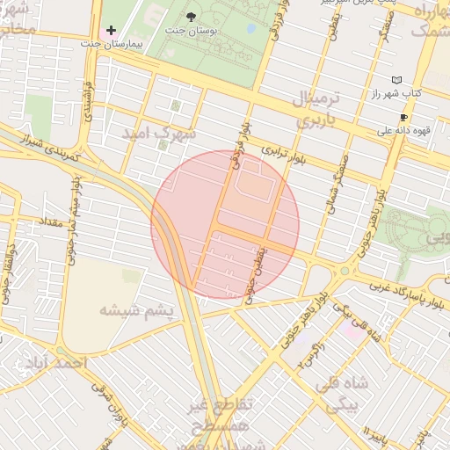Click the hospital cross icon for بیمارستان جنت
coord(111,31)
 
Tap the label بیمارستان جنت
coord(111,43)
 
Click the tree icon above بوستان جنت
coord(192,17)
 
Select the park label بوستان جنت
coord(192,31)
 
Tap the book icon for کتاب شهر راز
coord(396,80)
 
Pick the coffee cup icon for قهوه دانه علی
coord(403,117)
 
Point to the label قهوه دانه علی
coord(400,130)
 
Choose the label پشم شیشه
coord(132,309)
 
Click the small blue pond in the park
coord(252,27)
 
